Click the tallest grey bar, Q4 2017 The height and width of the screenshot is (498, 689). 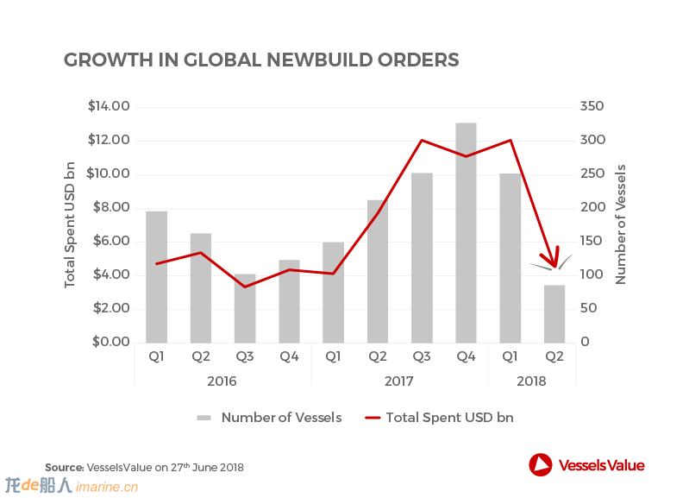coord(466,233)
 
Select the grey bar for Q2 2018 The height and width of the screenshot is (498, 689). coord(554,314)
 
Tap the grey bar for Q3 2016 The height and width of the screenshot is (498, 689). coord(245,308)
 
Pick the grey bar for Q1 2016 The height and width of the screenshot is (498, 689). coord(156,277)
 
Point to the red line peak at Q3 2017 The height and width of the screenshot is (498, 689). coord(422,141)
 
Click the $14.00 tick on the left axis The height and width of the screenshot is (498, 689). coord(109,106)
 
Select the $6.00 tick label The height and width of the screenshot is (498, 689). coord(111,241)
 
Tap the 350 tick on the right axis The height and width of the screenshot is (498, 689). coord(592,106)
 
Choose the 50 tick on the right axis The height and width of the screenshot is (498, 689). coord(589,308)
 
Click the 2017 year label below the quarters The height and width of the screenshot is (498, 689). coord(399,381)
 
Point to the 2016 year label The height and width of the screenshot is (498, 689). coord(222,381)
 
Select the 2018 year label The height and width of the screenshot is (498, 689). coord(531,381)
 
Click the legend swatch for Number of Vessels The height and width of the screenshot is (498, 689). coord(204,418)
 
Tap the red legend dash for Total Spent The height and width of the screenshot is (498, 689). coord(373,418)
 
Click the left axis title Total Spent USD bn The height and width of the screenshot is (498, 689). coord(70,224)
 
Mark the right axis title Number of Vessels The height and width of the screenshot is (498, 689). coord(620,224)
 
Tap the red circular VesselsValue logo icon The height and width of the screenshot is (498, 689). coord(541,464)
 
